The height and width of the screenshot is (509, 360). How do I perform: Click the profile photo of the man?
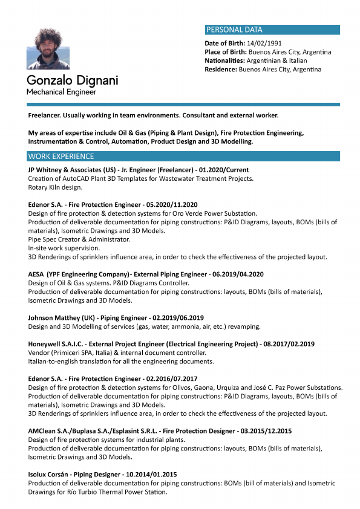[x=48, y=48]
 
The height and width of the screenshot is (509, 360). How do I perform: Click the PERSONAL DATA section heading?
[x=235, y=30]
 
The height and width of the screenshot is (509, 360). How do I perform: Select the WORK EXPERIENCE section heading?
[x=57, y=157]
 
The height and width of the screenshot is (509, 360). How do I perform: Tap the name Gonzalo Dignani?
[x=72, y=80]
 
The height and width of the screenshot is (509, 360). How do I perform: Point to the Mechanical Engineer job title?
[x=61, y=92]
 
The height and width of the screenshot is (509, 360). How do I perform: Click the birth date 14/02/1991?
[x=261, y=44]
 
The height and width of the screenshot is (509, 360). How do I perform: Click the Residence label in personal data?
[x=221, y=69]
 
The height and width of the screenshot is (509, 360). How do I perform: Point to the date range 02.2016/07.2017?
[x=172, y=378]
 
